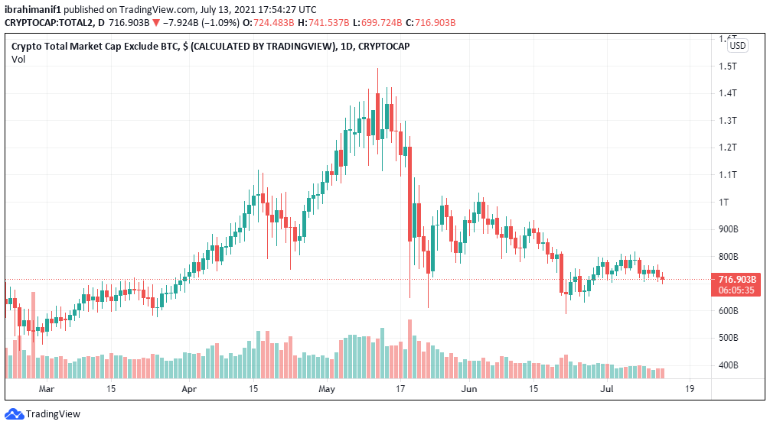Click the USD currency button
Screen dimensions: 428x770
point(737,46)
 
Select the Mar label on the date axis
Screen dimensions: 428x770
point(47,389)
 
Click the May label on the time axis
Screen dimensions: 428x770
point(327,389)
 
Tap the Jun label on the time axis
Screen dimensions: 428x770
point(469,389)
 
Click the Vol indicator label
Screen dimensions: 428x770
point(18,59)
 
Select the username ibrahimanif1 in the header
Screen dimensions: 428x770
point(33,10)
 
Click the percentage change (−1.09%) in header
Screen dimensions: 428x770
point(217,23)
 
